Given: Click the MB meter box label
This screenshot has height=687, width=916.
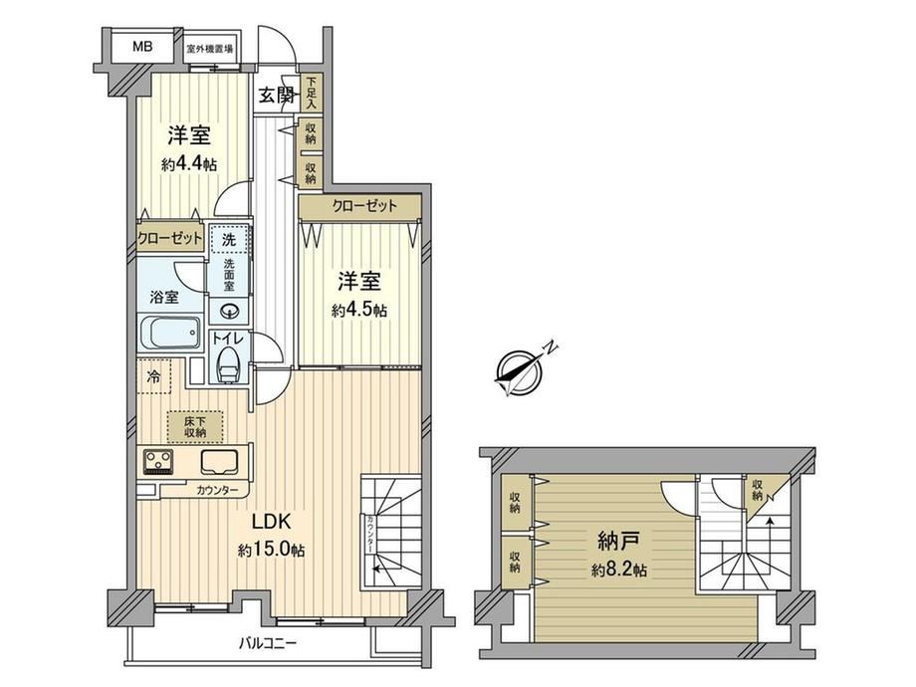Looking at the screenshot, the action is pyautogui.click(x=142, y=47).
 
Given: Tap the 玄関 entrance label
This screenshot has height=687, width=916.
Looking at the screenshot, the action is pyautogui.click(x=277, y=95).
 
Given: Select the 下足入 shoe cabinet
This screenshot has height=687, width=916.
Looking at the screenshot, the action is pyautogui.click(x=311, y=93).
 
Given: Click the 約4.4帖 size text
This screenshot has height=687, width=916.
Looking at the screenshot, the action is pyautogui.click(x=189, y=164).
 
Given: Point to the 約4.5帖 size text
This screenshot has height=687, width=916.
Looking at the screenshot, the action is pyautogui.click(x=359, y=311).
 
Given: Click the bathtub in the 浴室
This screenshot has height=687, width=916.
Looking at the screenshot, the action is pyautogui.click(x=170, y=333).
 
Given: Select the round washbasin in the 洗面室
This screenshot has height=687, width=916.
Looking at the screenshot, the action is pyautogui.click(x=229, y=311).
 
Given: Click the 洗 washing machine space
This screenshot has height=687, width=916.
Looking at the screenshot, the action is pyautogui.click(x=229, y=239).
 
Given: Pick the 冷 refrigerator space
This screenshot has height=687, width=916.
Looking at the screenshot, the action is pyautogui.click(x=154, y=376).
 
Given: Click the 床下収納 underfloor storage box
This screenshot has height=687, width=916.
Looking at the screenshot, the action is pyautogui.click(x=195, y=426).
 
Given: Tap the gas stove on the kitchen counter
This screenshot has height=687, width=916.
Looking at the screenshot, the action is pyautogui.click(x=158, y=460).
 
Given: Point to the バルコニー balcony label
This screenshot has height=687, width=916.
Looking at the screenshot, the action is pyautogui.click(x=268, y=644).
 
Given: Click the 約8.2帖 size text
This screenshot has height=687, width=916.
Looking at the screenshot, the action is pyautogui.click(x=618, y=570).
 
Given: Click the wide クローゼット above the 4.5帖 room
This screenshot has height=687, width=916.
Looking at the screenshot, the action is pyautogui.click(x=359, y=207).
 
